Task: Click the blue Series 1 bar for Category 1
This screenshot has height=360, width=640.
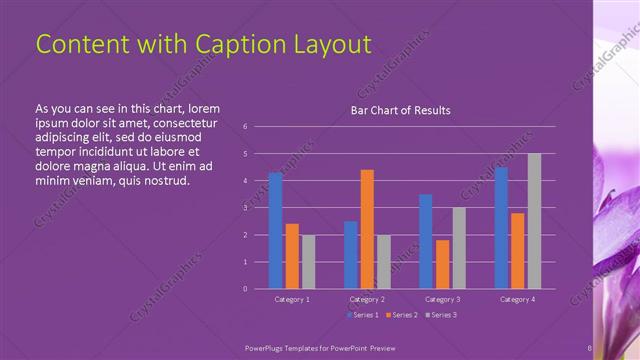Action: click(275, 231)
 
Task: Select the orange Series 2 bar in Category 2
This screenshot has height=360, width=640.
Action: click(367, 229)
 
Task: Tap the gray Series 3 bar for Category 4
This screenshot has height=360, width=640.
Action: click(534, 221)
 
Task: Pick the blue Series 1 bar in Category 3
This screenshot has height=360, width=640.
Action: click(426, 241)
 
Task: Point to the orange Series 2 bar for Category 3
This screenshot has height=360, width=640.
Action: click(442, 264)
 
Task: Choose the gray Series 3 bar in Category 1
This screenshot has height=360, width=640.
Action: click(308, 262)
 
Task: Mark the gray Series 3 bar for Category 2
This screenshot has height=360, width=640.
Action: click(383, 262)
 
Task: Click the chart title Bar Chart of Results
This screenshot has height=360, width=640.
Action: click(400, 110)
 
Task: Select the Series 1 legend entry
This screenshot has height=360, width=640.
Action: click(363, 315)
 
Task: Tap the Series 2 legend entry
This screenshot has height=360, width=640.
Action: click(400, 315)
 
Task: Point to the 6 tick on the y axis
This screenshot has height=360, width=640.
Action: click(246, 127)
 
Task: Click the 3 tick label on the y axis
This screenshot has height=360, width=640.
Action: click(246, 208)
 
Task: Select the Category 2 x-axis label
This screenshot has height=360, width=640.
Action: click(367, 299)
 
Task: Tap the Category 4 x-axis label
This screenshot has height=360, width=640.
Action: click(517, 299)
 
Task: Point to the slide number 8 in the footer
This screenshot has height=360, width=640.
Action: click(589, 349)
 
